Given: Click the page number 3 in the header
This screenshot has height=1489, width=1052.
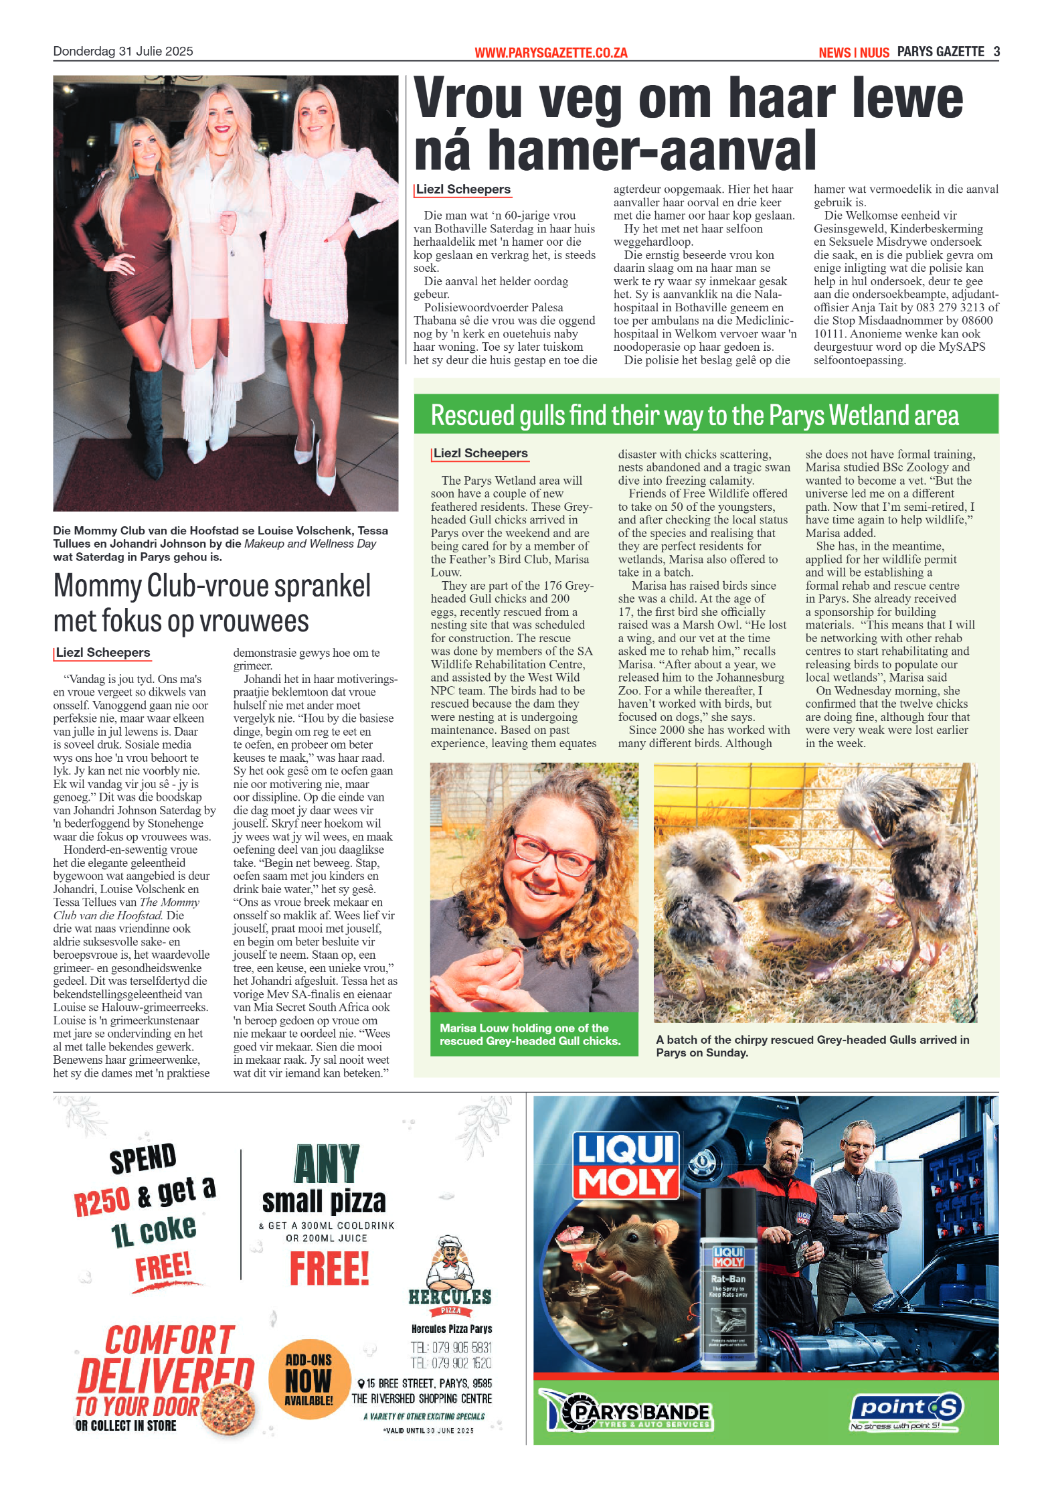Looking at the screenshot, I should (996, 52).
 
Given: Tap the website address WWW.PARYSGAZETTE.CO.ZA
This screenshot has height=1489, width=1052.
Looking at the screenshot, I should (551, 53).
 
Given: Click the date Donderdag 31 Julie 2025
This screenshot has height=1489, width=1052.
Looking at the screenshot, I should (123, 52).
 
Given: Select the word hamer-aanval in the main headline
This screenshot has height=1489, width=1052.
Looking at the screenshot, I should (652, 151).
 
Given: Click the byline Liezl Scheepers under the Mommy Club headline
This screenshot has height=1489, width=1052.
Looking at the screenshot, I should (103, 652).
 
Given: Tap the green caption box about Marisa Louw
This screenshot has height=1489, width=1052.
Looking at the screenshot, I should (533, 1034).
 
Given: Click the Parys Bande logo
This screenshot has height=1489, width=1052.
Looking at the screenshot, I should (628, 1411).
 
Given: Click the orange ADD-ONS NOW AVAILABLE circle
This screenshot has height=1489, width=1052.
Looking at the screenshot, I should (309, 1379).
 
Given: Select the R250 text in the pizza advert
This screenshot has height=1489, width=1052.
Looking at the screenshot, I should (102, 1201).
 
